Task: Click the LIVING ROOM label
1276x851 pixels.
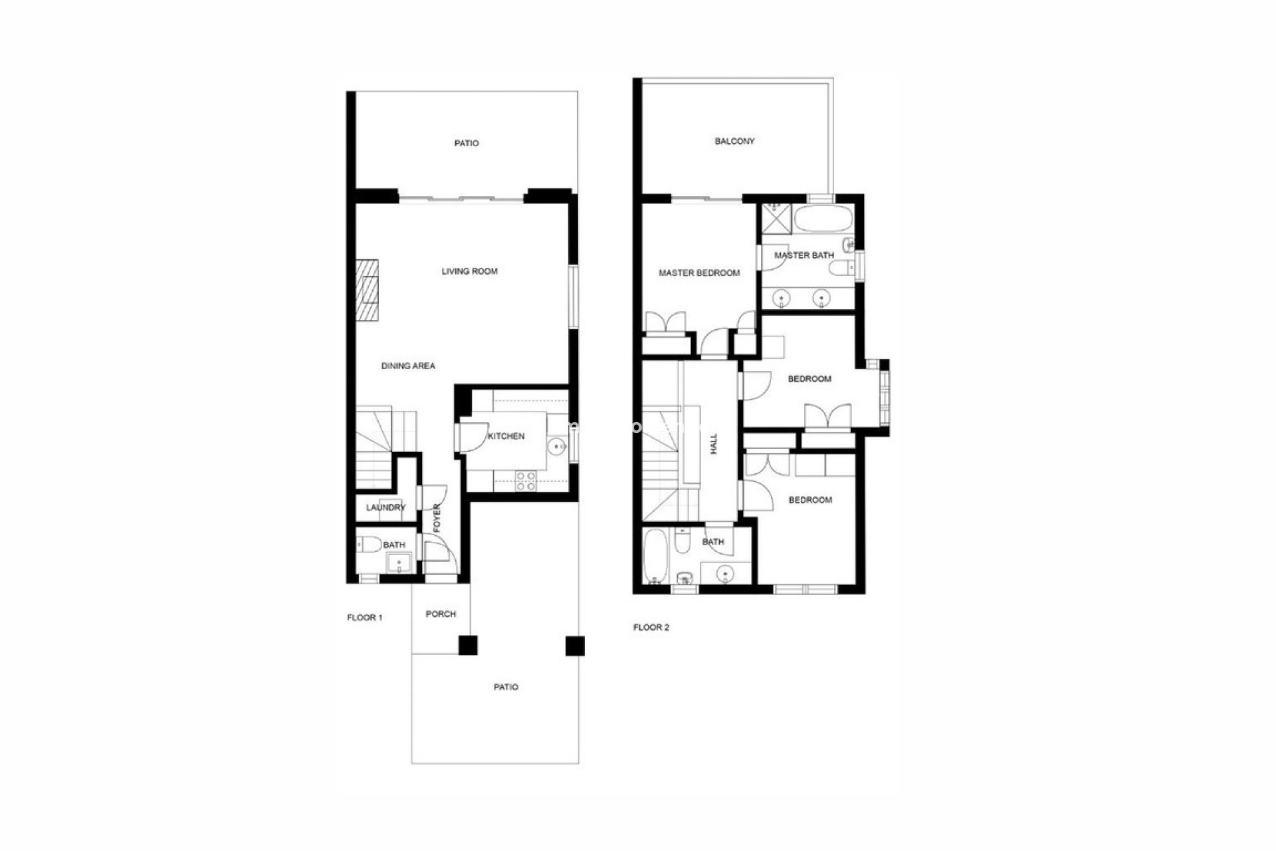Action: point(469,271)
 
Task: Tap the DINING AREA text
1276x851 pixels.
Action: point(408,366)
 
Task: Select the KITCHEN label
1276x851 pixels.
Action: point(506,436)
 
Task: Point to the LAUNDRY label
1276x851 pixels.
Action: point(385,508)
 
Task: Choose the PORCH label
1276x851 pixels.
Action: point(441,614)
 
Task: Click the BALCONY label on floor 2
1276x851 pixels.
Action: point(734,141)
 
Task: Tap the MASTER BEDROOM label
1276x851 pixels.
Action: point(699,273)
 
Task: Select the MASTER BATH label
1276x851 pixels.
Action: point(804,255)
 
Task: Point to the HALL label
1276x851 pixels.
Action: point(714,443)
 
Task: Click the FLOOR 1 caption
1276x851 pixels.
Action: point(365,618)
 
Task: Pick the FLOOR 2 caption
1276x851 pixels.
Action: point(651,628)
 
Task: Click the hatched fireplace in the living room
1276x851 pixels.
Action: point(367,291)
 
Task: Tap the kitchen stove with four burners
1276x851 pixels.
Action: point(526,481)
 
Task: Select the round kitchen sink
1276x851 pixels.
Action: point(557,447)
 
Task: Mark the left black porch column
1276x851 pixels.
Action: point(468,646)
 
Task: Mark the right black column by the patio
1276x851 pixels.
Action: point(574,646)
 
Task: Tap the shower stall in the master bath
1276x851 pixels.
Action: point(774,219)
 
